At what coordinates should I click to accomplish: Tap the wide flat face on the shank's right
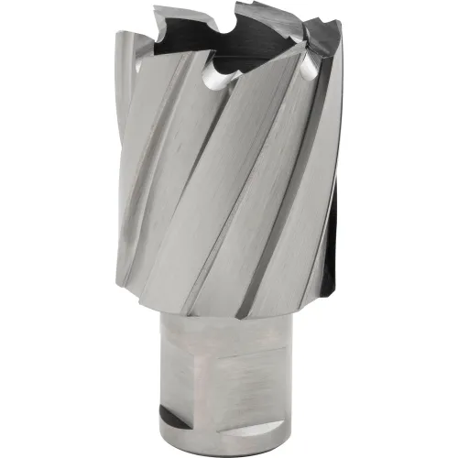tap(275, 385)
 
